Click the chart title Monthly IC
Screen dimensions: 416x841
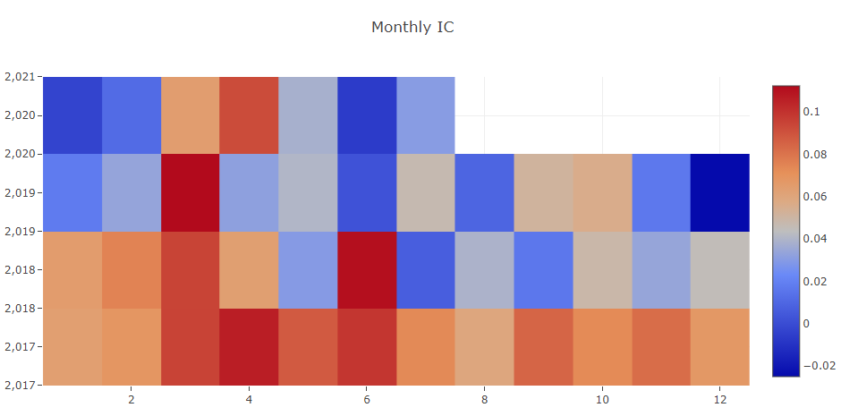coord(412,27)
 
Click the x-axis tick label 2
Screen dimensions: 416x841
coord(132,399)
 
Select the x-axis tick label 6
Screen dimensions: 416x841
coord(367,399)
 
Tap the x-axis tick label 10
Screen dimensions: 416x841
coord(602,399)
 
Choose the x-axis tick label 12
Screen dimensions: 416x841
coord(720,399)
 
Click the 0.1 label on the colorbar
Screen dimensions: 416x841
coord(811,112)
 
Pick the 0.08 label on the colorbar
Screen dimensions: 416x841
coord(814,154)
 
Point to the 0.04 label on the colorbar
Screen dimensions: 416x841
coord(814,239)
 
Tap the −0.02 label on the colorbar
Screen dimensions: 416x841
coord(818,365)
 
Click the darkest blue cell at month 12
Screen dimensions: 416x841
coord(720,192)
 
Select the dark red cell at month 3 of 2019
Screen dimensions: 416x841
coord(191,192)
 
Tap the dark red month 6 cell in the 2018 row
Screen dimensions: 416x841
coord(367,270)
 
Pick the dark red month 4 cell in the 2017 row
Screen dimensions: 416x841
coord(249,347)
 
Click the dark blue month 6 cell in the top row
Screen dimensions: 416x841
coord(367,115)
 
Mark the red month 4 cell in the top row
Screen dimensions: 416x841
coord(249,115)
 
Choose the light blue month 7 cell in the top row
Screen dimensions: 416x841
coord(426,115)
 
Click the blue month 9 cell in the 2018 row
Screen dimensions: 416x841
coord(543,270)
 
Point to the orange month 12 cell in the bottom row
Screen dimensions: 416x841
coord(720,347)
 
